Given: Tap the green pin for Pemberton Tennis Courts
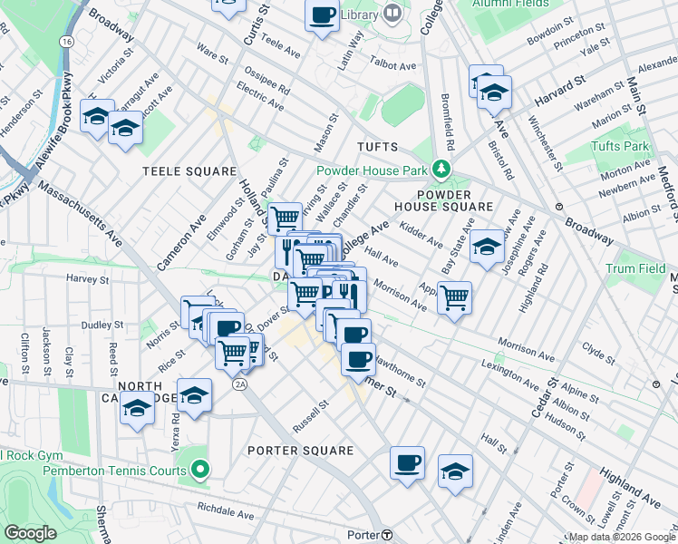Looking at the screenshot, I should point(200,471).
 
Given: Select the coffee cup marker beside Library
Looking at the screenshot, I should point(322,15).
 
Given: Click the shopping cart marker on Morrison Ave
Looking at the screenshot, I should point(454,296).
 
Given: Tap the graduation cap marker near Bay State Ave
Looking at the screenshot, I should point(487,248).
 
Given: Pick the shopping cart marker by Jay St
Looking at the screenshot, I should point(286,218).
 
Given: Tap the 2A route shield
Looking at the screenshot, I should point(239,384).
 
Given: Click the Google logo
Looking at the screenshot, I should point(31,533).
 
